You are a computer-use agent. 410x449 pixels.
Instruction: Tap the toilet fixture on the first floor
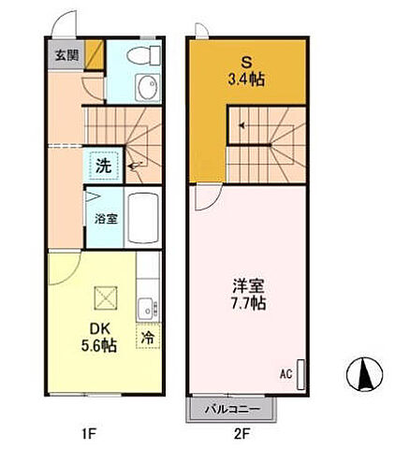point(146,53)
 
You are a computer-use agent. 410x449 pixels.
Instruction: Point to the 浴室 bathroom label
point(105,219)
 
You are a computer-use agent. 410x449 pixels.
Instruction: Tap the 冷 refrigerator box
point(148,337)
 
